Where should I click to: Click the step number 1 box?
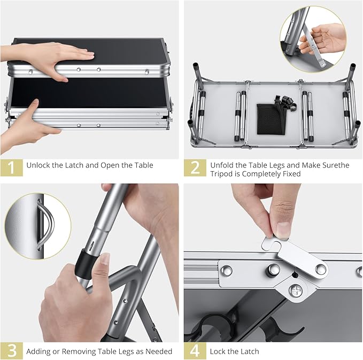(x=12, y=168)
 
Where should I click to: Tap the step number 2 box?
(x=195, y=168)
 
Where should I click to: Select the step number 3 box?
(x=12, y=351)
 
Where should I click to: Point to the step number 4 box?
(x=195, y=351)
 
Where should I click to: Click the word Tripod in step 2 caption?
(x=221, y=174)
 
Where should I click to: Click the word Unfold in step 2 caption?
(x=222, y=165)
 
